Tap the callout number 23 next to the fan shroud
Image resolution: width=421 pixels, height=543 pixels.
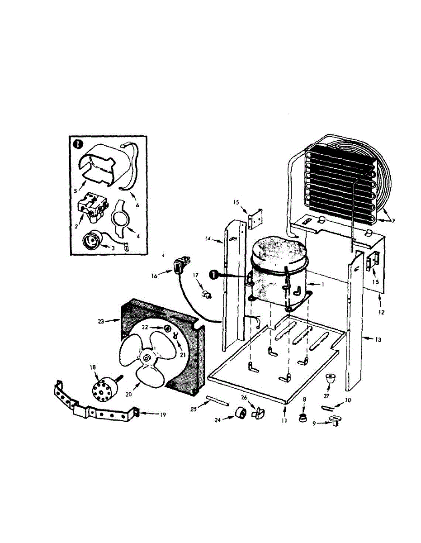101,321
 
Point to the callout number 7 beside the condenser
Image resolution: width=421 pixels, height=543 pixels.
393,220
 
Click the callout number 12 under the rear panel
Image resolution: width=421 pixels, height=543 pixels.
381,312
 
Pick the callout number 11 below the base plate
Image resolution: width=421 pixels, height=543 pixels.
285,420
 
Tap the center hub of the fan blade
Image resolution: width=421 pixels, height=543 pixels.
147,358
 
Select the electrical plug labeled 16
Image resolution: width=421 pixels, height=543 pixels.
179,265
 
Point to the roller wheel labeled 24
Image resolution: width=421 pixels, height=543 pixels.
241,413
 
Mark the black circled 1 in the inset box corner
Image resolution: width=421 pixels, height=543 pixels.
77,145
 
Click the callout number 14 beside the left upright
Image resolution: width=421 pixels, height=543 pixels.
208,238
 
